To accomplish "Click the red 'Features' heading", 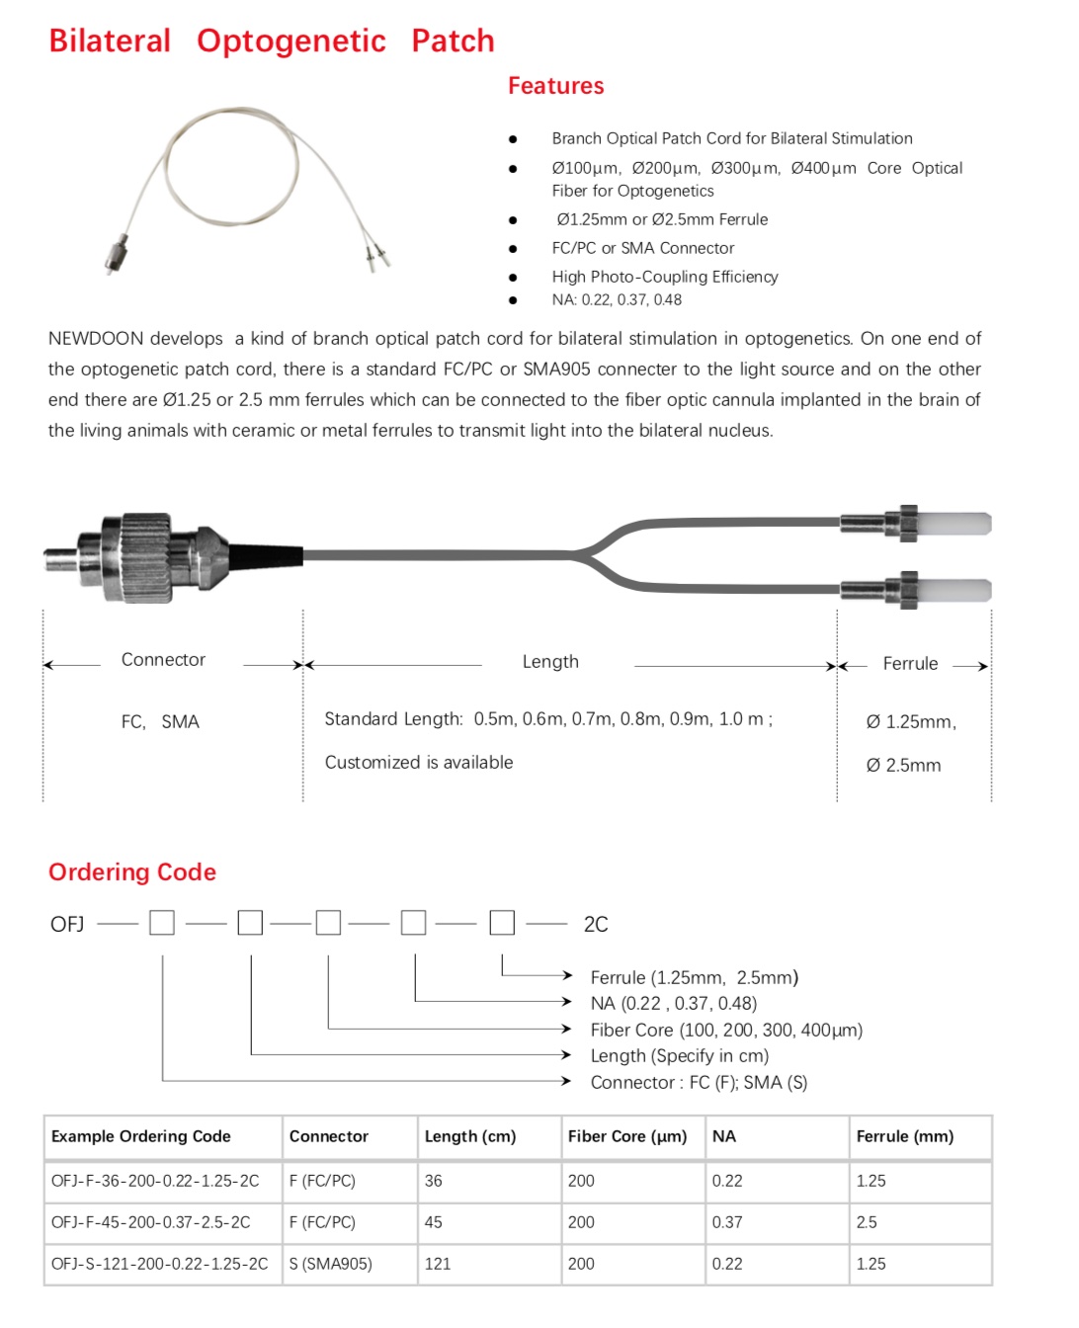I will pyautogui.click(x=555, y=86).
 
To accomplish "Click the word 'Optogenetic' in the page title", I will pyautogui.click(x=290, y=41).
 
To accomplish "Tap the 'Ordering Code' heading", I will pyautogui.click(x=132, y=871).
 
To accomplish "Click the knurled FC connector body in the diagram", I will pyautogui.click(x=145, y=556).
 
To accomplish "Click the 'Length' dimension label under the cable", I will pyautogui.click(x=550, y=662).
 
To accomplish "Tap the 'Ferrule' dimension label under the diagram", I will pyautogui.click(x=910, y=664).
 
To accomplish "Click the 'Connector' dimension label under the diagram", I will pyautogui.click(x=163, y=660).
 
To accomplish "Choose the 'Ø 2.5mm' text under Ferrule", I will pyautogui.click(x=903, y=765).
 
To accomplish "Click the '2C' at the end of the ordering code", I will pyautogui.click(x=596, y=924).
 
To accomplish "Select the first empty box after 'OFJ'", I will pyautogui.click(x=162, y=923).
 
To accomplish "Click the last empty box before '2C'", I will pyautogui.click(x=502, y=923).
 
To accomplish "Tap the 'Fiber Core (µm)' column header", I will pyautogui.click(x=626, y=1136).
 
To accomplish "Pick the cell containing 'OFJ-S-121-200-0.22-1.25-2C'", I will pyautogui.click(x=159, y=1264).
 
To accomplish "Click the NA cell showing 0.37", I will pyautogui.click(x=727, y=1222).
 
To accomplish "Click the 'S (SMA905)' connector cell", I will pyautogui.click(x=331, y=1264).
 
